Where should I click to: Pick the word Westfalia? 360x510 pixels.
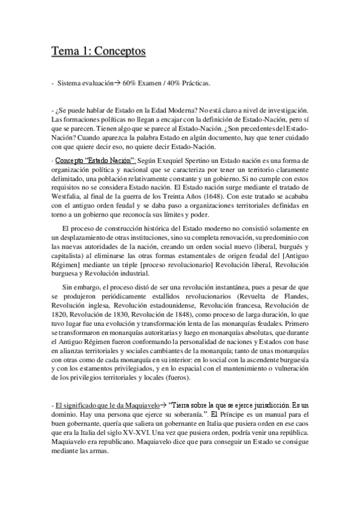tap(69, 194)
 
